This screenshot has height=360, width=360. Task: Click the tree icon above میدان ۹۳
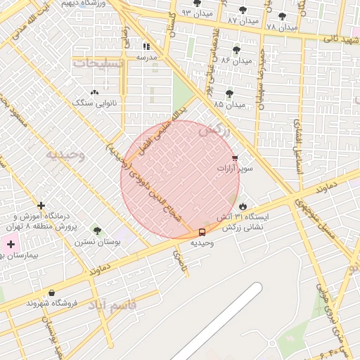click(x=197, y=4)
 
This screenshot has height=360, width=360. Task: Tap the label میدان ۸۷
click(x=243, y=21)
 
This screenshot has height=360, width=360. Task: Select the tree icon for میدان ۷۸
click(x=282, y=16)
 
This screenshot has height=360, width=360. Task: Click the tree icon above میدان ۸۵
click(x=229, y=94)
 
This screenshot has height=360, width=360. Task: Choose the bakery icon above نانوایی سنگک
click(x=95, y=92)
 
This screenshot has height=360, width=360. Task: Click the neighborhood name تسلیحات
click(x=98, y=63)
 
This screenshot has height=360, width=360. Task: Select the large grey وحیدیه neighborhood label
click(x=65, y=154)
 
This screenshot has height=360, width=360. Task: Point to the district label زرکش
click(x=214, y=130)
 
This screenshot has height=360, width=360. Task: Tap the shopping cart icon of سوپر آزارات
click(x=235, y=158)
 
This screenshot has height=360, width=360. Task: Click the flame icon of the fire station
click(x=243, y=206)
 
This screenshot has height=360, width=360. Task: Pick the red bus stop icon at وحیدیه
click(x=202, y=232)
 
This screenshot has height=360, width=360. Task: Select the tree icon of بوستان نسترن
click(x=97, y=231)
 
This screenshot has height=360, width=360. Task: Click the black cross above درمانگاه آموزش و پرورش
click(x=41, y=206)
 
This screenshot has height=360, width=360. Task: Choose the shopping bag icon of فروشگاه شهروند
click(x=51, y=292)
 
